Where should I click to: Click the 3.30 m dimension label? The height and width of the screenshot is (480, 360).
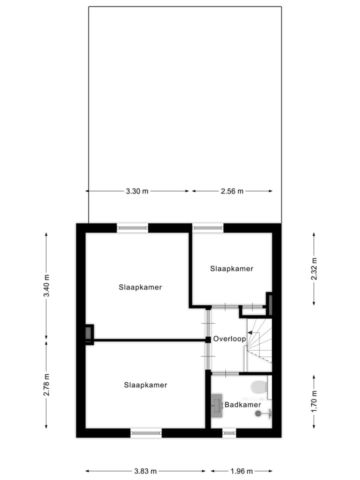click(x=137, y=191)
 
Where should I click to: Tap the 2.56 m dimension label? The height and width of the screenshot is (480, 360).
click(x=231, y=191)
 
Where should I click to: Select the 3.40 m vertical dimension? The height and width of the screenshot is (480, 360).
click(x=46, y=286)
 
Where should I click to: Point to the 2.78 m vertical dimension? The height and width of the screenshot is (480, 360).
click(x=46, y=384)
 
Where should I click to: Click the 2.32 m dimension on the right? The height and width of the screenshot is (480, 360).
click(x=313, y=268)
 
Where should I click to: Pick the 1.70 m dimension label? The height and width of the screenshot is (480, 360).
click(x=313, y=400)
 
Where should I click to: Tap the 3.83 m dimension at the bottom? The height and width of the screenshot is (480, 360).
click(x=145, y=471)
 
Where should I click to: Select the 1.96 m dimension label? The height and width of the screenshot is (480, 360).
click(x=241, y=471)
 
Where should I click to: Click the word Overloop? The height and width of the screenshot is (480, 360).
click(x=229, y=339)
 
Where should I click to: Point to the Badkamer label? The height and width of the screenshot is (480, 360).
click(x=242, y=404)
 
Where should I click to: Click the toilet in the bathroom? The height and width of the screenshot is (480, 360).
click(x=259, y=387)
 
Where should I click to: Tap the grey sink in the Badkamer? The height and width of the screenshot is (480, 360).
click(x=216, y=405)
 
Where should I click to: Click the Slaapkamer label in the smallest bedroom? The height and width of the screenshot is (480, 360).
click(x=231, y=268)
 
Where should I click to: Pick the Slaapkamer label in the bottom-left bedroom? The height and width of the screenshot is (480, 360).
click(x=145, y=385)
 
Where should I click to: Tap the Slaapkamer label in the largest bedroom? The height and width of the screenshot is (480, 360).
click(x=140, y=287)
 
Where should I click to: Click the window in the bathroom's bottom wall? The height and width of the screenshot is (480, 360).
click(x=229, y=432)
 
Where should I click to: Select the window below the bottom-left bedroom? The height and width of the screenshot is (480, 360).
click(x=146, y=432)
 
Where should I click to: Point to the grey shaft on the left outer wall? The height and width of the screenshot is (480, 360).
click(x=88, y=332)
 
